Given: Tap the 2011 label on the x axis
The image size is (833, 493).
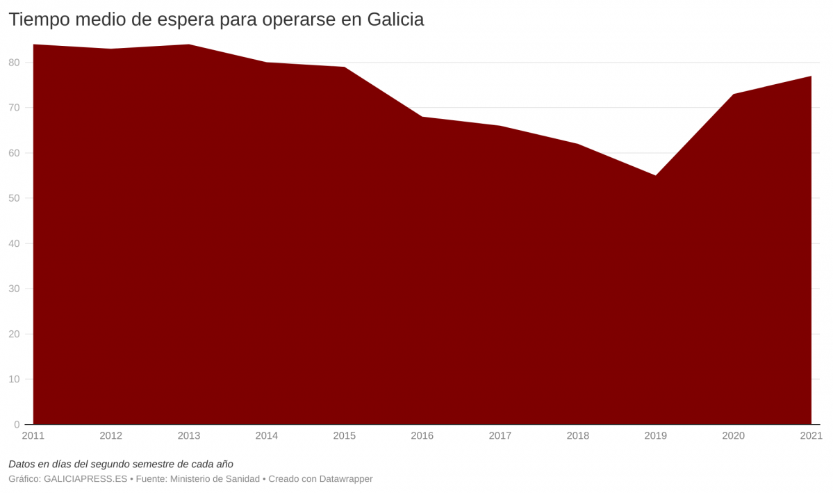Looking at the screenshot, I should coord(33,436).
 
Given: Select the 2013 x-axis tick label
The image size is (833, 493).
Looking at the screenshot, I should coord(189,436).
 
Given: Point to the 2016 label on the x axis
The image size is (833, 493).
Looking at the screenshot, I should coord(422,436).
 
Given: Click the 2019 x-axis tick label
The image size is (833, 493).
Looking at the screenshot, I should coord(656,436).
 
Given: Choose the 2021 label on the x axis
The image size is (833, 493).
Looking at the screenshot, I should coord(811,436).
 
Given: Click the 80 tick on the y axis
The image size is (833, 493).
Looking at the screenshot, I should coord(15,63).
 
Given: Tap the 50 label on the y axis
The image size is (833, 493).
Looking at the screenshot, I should coord(15,198).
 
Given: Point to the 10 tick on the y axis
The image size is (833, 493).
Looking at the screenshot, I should coord(15,379).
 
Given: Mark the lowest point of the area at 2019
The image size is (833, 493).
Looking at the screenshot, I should coord(656,175).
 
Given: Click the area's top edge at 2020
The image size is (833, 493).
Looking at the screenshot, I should coord(734,94).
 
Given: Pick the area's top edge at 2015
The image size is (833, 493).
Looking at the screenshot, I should coord(345,67).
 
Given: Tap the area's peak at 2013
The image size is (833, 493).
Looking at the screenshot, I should coord(189,45).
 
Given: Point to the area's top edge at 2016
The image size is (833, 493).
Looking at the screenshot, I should coord(422,117).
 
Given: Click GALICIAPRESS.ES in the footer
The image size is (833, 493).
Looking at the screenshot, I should coord(85,479).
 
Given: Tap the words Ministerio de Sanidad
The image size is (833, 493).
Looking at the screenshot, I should coord(215,479).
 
